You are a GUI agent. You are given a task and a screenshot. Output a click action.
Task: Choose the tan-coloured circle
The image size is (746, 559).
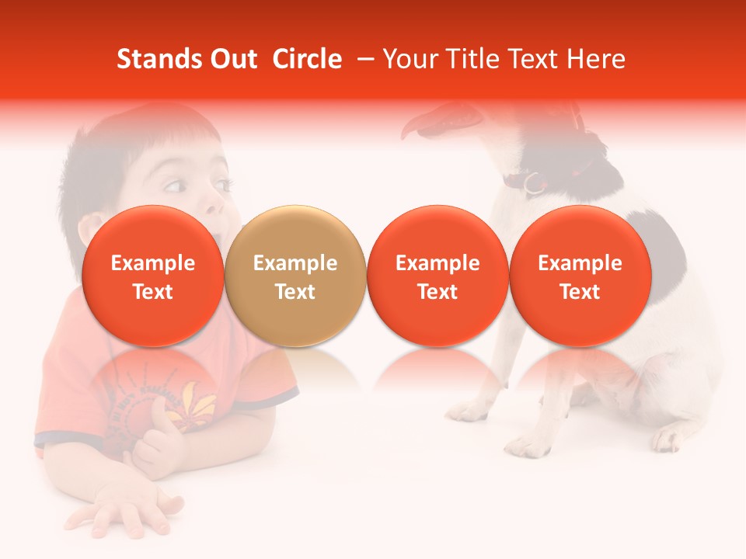pos(295,276)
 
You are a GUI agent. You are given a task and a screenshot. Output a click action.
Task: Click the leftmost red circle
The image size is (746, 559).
pos(153,276)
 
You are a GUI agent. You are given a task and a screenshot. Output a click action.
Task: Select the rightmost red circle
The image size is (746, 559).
pos(580,276)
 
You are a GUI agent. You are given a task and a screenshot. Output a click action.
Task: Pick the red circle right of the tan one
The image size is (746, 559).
pos(437,276)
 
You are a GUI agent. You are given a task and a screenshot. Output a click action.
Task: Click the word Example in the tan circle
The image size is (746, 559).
pos(295,263)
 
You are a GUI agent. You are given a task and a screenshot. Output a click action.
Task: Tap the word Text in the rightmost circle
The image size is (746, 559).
pos(580,292)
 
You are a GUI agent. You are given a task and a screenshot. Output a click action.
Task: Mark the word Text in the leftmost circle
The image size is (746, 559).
pos(153,292)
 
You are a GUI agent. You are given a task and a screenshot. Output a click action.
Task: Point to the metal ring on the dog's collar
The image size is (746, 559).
pos(532,183)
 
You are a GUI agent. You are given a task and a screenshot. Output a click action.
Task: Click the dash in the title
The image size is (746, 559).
pos(364,59)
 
